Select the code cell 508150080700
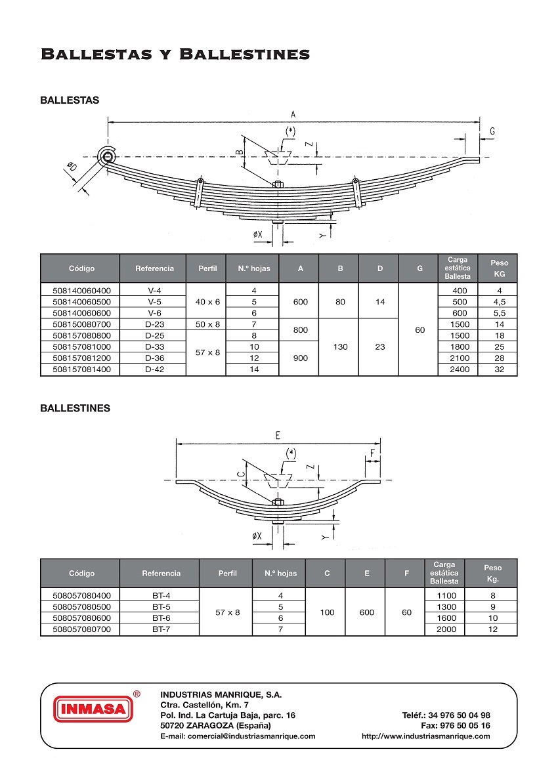79,324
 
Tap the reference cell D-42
155,369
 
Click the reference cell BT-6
161,618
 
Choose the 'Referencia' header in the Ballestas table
155,268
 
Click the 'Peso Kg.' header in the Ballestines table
492,574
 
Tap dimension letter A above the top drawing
293,114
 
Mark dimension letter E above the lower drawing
278,435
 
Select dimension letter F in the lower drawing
373,453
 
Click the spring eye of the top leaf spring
106,156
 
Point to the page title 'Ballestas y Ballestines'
175,54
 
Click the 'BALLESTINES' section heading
75,408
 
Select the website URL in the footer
425,736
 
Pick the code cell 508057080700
79,629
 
